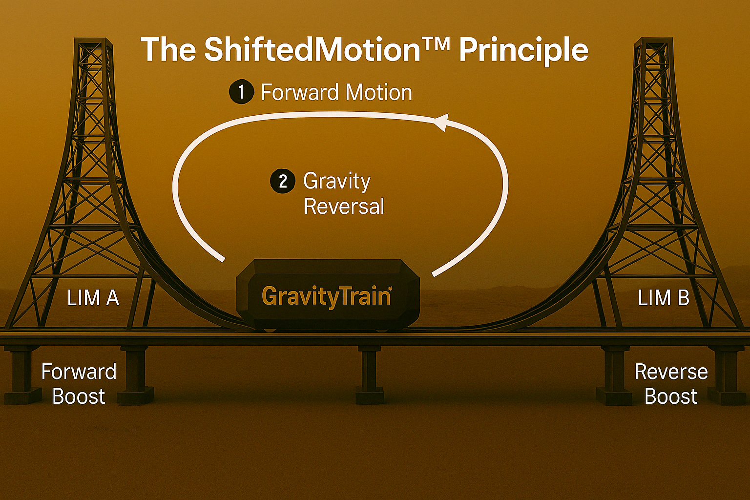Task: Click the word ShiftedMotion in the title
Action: pyautogui.click(x=312, y=50)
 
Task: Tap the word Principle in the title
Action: pyautogui.click(x=523, y=50)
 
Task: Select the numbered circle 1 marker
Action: pyautogui.click(x=241, y=92)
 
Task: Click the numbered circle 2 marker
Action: pyautogui.click(x=283, y=182)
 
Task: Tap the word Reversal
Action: pyautogui.click(x=344, y=206)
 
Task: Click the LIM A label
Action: pyautogui.click(x=93, y=297)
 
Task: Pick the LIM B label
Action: pyautogui.click(x=664, y=297)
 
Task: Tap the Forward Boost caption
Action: pyautogui.click(x=79, y=384)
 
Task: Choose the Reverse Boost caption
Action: pyautogui.click(x=671, y=384)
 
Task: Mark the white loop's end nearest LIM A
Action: pyautogui.click(x=223, y=260)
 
